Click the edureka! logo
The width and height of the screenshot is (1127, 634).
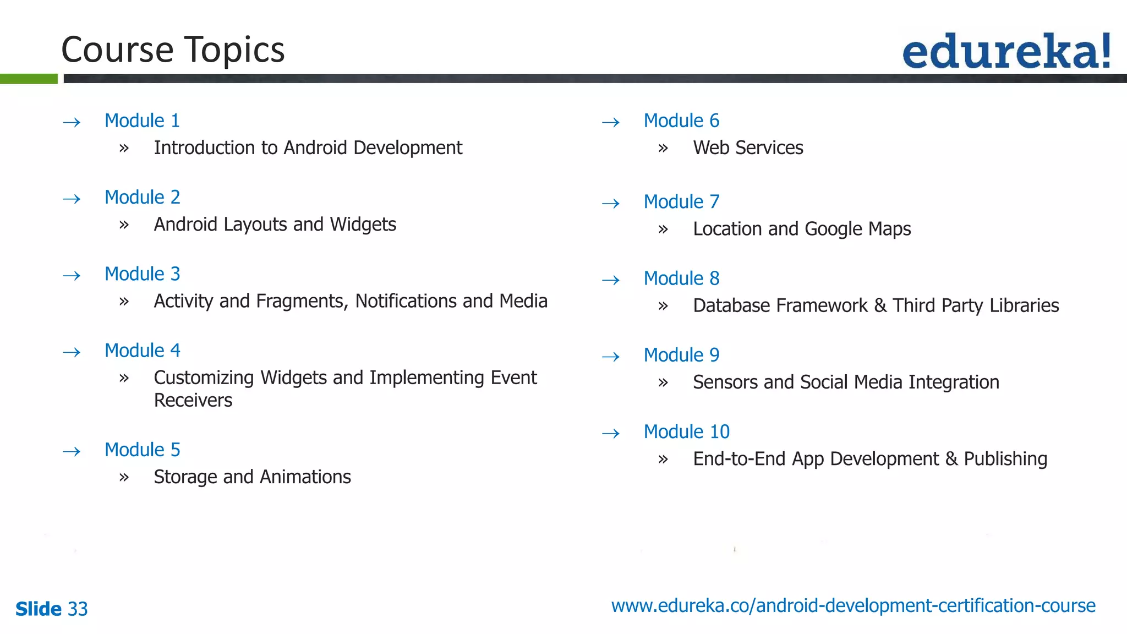tap(1006, 51)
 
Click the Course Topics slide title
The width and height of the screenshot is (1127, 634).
tap(173, 50)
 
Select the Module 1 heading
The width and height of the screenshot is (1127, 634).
tap(142, 121)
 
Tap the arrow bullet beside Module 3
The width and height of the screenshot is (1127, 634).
tap(72, 275)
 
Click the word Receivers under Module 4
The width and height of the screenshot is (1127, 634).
tap(193, 400)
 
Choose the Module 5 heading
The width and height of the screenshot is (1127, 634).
tap(142, 450)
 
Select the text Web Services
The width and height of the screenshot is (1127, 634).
tap(748, 147)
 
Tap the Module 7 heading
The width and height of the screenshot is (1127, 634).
tap(681, 201)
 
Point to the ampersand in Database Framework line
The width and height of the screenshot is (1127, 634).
tap(880, 305)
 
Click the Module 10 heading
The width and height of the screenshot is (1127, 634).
tap(686, 431)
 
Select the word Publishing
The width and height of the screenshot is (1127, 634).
tap(1005, 459)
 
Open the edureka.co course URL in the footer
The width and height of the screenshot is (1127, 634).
tap(853, 605)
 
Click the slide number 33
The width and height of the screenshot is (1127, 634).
tap(78, 609)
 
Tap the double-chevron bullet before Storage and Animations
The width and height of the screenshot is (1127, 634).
tap(124, 477)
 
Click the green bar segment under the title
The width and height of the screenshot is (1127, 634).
tap(29, 79)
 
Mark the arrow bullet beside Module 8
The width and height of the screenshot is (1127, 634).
tap(611, 280)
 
